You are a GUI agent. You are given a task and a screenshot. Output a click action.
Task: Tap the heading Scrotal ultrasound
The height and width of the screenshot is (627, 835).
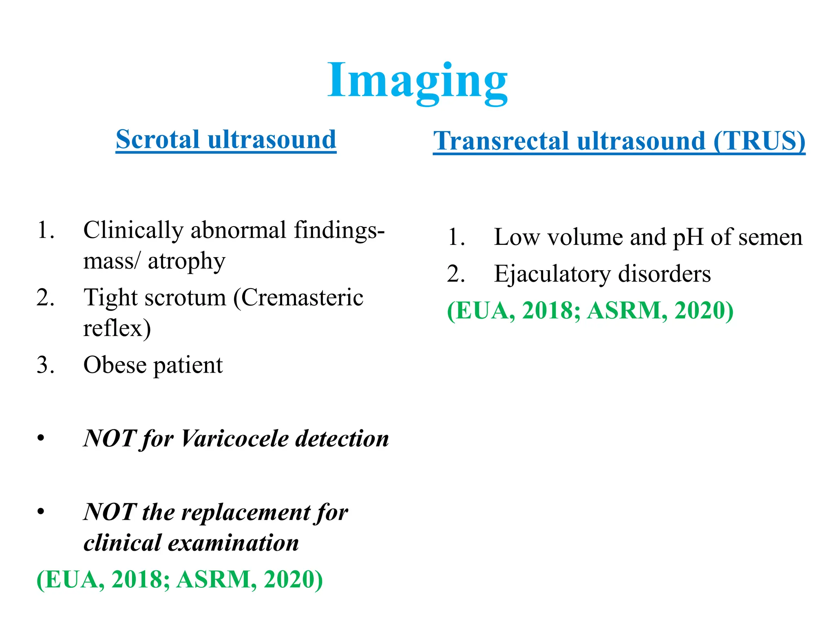click(x=226, y=140)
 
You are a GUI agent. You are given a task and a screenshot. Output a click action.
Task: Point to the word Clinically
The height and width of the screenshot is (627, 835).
click(x=133, y=230)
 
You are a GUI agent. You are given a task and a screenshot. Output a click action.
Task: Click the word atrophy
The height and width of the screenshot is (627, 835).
click(x=186, y=261)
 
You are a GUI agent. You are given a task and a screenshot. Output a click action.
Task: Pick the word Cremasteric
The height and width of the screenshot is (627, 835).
click(x=302, y=297)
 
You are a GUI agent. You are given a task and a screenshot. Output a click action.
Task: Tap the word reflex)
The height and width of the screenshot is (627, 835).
click(x=117, y=328)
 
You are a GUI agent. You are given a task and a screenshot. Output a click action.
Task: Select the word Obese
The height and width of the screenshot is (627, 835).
click(x=115, y=365)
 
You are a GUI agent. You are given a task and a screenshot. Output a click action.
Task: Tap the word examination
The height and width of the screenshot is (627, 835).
click(x=233, y=543)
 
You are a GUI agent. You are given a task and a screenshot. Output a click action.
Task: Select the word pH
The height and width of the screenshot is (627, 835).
click(x=688, y=237)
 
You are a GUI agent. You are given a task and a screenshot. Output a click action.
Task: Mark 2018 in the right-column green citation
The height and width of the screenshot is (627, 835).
click(x=548, y=311)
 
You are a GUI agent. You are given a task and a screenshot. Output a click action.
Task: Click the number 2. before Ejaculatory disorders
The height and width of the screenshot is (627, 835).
click(x=456, y=273)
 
